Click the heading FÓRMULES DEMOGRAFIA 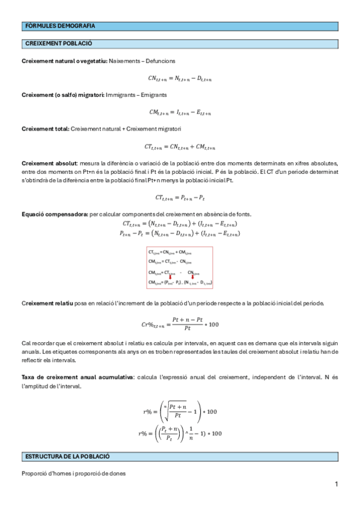[x=60, y=26]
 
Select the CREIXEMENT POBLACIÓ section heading [x=58, y=44]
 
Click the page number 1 [x=337, y=484]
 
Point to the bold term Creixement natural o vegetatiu [x=64, y=61]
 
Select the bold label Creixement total [x=45, y=129]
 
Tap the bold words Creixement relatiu [x=47, y=303]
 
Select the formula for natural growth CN [x=180, y=78]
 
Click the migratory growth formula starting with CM [x=180, y=112]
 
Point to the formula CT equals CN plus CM [x=180, y=147]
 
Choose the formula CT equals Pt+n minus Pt [x=180, y=197]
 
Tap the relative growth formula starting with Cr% [x=180, y=324]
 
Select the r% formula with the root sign [x=180, y=413]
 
